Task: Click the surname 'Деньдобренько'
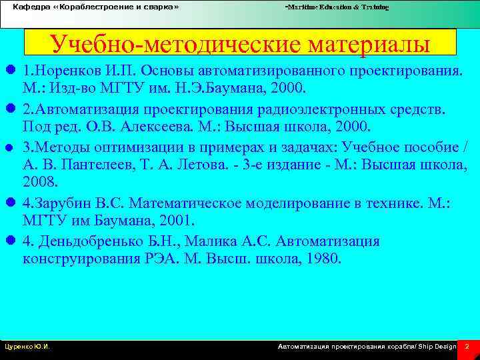[99, 240]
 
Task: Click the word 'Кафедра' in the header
[27, 6]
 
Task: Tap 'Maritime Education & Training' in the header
[337, 7]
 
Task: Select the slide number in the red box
[467, 347]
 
